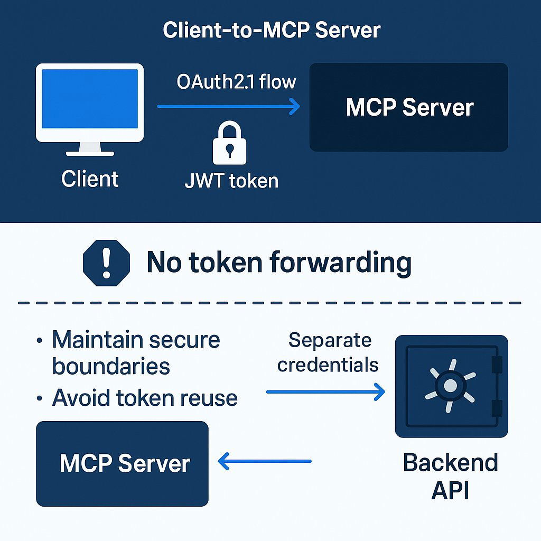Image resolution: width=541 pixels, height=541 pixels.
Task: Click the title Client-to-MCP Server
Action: (271, 30)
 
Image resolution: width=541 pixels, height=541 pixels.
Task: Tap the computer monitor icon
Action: (90, 106)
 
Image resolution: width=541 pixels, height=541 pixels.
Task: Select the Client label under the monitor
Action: (90, 179)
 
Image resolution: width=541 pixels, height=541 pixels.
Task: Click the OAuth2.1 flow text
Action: (236, 82)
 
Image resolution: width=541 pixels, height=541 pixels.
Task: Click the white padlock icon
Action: (229, 143)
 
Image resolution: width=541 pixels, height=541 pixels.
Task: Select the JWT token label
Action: (231, 181)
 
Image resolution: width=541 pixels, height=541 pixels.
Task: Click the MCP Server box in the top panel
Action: (408, 108)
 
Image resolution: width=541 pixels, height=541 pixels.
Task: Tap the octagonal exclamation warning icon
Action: (106, 263)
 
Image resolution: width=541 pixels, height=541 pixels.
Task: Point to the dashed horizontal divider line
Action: (269, 303)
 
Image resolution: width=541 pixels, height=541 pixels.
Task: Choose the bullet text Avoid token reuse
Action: (144, 398)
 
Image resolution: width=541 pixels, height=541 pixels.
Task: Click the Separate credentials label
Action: (329, 352)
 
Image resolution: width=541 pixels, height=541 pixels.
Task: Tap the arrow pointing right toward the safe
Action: (325, 392)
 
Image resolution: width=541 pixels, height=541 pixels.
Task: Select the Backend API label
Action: (450, 476)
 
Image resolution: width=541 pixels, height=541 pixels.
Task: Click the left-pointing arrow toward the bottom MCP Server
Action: (265, 461)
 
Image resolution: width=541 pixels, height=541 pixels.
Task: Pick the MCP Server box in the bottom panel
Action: (122, 463)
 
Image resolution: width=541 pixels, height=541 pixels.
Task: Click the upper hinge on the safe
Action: (497, 364)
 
